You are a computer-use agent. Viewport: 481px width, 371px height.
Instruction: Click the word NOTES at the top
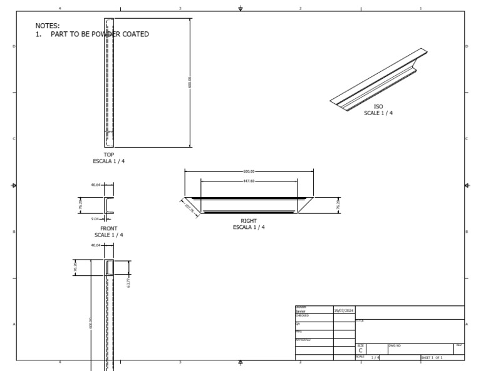48,26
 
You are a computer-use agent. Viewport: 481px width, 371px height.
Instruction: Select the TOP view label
109,155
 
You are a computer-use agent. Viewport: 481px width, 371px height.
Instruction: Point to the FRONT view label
109,229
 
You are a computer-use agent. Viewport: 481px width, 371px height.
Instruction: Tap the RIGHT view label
249,221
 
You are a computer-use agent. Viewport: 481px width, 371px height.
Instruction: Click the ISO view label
378,107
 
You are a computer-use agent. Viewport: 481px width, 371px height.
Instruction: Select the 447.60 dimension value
249,181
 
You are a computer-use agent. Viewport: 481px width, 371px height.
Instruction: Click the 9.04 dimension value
95,219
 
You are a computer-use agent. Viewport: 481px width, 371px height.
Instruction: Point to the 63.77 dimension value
128,283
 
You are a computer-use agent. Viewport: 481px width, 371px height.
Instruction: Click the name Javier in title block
301,310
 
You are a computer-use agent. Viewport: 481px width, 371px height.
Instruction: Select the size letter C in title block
360,350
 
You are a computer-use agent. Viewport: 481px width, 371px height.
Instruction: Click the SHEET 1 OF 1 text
432,357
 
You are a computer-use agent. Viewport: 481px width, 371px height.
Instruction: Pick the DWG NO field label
395,345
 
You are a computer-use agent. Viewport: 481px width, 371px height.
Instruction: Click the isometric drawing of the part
379,78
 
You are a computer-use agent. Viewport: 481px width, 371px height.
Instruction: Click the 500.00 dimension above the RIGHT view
249,171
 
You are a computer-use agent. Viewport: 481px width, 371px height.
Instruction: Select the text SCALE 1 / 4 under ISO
378,113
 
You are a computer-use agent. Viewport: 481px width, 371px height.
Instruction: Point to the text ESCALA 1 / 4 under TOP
109,161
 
